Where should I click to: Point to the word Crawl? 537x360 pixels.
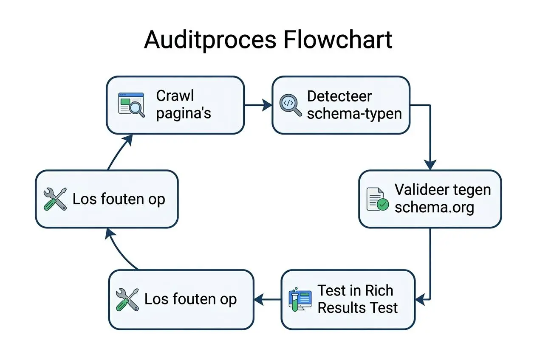click(x=175, y=96)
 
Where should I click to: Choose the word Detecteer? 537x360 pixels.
click(x=339, y=96)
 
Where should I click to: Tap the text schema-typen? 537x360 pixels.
click(x=354, y=114)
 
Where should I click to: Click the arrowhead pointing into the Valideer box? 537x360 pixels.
click(x=430, y=165)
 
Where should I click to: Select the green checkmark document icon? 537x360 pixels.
click(x=377, y=199)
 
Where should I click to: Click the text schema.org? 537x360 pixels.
click(x=434, y=208)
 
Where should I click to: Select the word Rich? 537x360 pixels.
click(x=377, y=291)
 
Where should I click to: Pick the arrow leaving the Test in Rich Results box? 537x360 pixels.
click(x=268, y=300)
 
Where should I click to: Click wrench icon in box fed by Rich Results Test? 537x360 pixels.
click(x=127, y=299)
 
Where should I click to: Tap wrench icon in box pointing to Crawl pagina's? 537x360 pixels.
click(x=55, y=199)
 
